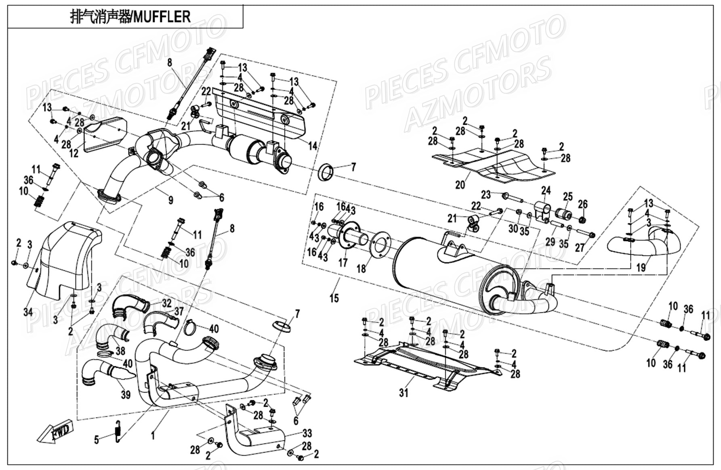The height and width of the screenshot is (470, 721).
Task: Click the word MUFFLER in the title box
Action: pyautogui.click(x=162, y=17)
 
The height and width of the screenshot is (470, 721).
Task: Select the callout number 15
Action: pyautogui.click(x=334, y=299)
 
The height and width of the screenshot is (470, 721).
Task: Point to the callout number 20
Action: pyautogui.click(x=460, y=185)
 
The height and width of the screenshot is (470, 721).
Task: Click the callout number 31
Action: pyautogui.click(x=404, y=392)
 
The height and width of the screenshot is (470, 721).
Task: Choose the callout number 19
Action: pyautogui.click(x=641, y=267)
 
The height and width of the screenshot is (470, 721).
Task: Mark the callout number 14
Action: pyautogui.click(x=313, y=146)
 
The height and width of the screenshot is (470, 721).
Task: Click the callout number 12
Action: pyautogui.click(x=74, y=153)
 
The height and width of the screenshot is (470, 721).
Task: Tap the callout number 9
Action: pyautogui.click(x=171, y=200)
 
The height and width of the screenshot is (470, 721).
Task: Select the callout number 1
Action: pyautogui.click(x=153, y=436)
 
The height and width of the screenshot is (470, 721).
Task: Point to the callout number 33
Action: pyautogui.click(x=307, y=433)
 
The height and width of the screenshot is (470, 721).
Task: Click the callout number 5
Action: pyautogui.click(x=97, y=439)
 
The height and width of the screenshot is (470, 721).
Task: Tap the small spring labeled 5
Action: pyautogui.click(x=118, y=431)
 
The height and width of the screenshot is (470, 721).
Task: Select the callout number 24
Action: pyautogui.click(x=546, y=190)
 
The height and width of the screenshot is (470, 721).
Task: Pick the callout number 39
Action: pyautogui.click(x=126, y=394)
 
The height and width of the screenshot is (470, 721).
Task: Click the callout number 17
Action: pyautogui.click(x=343, y=263)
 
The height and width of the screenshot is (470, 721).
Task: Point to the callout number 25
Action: pyautogui.click(x=568, y=196)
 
